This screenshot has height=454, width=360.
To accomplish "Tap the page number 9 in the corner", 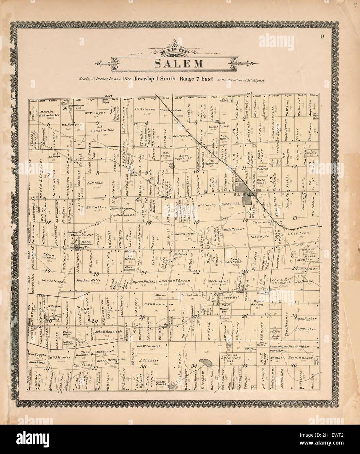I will pyautogui.click(x=322, y=36).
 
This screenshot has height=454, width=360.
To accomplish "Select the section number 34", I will pyautogui.click(x=194, y=365).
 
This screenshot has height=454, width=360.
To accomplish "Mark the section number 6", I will pyautogui.click(x=49, y=125).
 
